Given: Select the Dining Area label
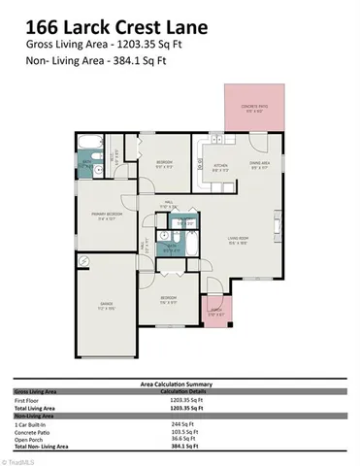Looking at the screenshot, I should point(260,165).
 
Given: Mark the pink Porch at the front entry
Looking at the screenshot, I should point(217,313).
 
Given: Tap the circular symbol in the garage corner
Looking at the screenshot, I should point(84,260).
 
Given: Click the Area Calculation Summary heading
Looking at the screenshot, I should point(180,383).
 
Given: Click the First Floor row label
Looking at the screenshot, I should point(27,400).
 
